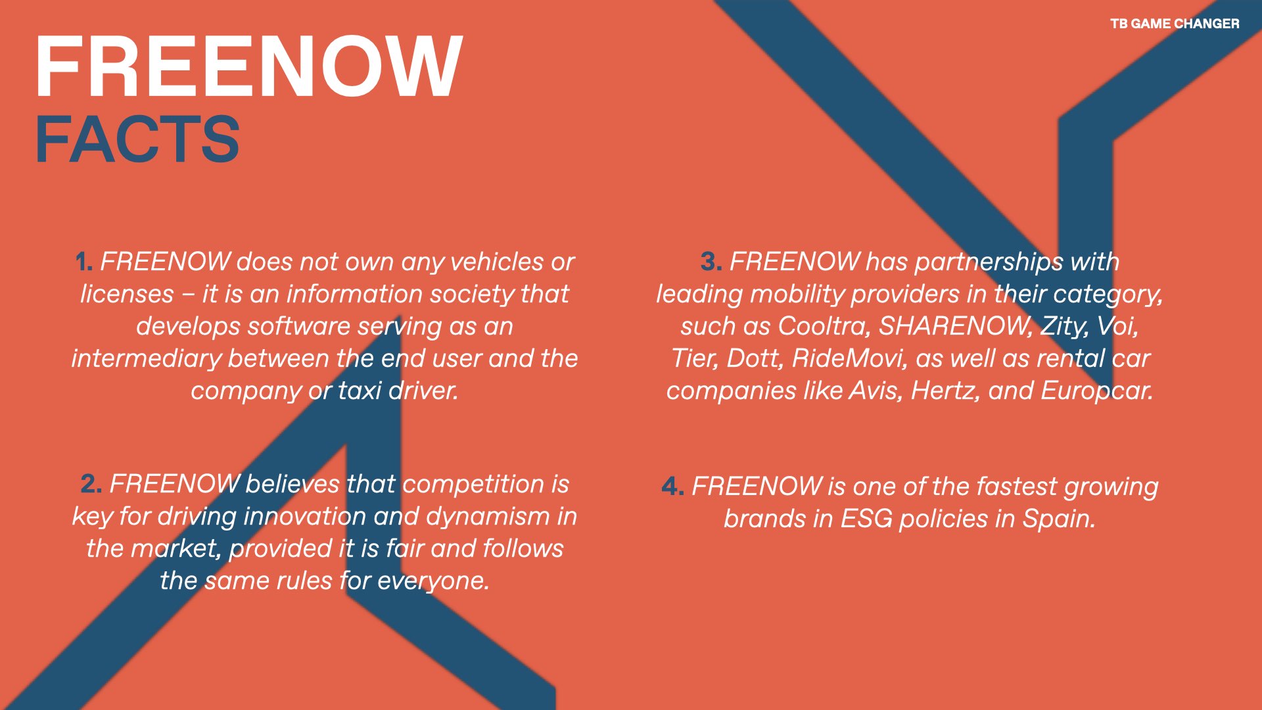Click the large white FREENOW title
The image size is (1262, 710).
tap(249, 67)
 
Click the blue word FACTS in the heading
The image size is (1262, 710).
tap(137, 139)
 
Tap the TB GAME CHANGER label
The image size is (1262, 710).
tap(1175, 24)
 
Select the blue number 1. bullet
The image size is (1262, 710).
tap(84, 262)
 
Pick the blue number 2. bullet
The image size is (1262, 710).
tap(91, 485)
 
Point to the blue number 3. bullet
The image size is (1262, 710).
tap(711, 262)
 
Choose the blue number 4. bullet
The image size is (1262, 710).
tap(672, 487)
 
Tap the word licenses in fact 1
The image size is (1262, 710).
tap(127, 294)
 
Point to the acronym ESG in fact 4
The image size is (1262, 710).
tap(867, 519)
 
